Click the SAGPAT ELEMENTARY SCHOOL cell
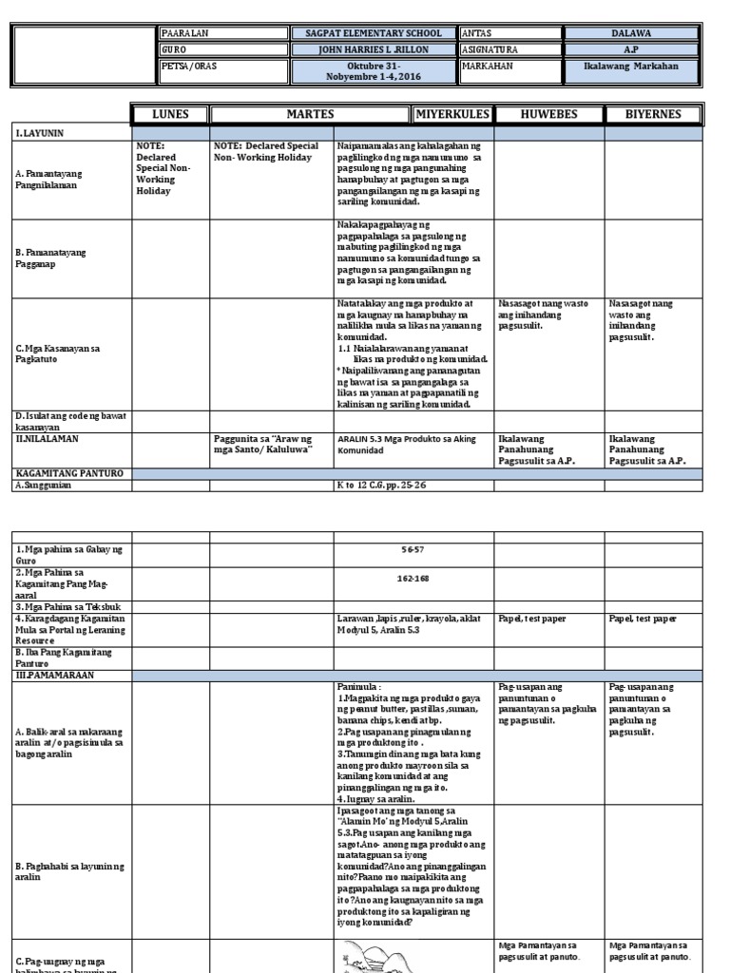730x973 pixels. pos(375,33)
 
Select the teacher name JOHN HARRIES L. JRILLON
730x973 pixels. pos(375,49)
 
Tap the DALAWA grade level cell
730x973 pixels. pos(631,33)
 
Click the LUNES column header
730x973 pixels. pos(170,115)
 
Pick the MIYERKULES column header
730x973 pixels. pos(451,115)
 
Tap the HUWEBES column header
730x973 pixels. pos(547,115)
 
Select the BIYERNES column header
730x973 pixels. pos(651,115)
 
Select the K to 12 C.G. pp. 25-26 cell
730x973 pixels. pos(379,486)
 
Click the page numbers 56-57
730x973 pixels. pos(413,550)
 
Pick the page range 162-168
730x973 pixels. pos(413,576)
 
